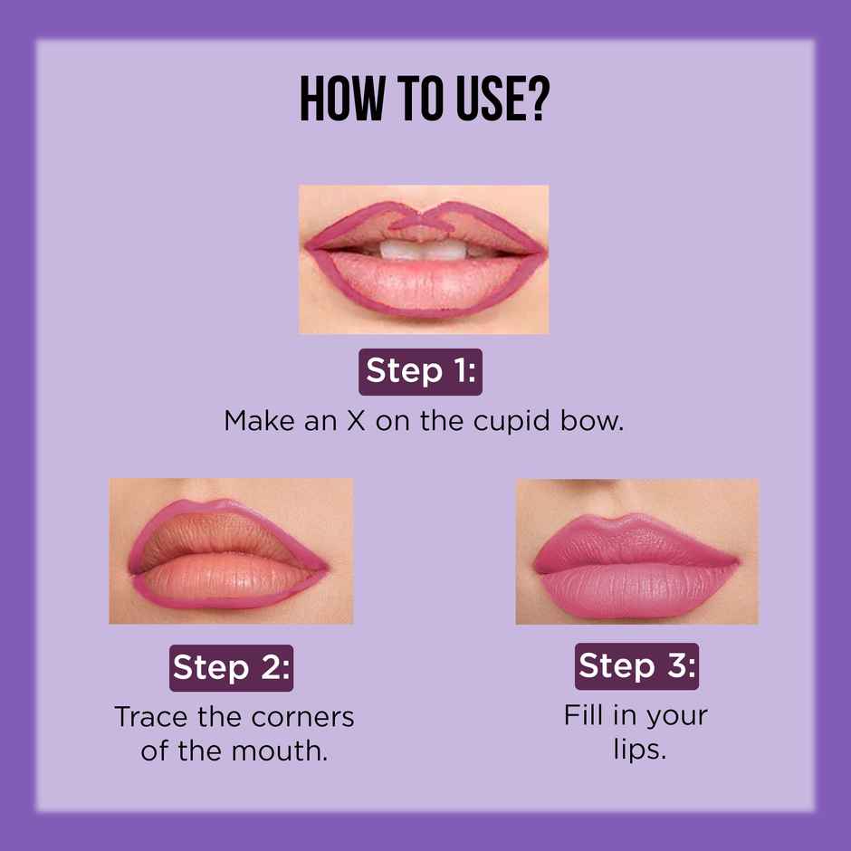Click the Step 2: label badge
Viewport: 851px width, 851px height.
pos(231,667)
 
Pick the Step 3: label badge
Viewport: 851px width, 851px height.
pos(636,665)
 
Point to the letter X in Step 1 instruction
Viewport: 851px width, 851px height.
pos(355,422)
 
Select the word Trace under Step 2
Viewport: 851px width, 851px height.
pos(150,717)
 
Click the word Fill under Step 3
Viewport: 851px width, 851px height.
pos(583,715)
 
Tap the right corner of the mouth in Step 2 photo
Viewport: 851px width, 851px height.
pos(321,567)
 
